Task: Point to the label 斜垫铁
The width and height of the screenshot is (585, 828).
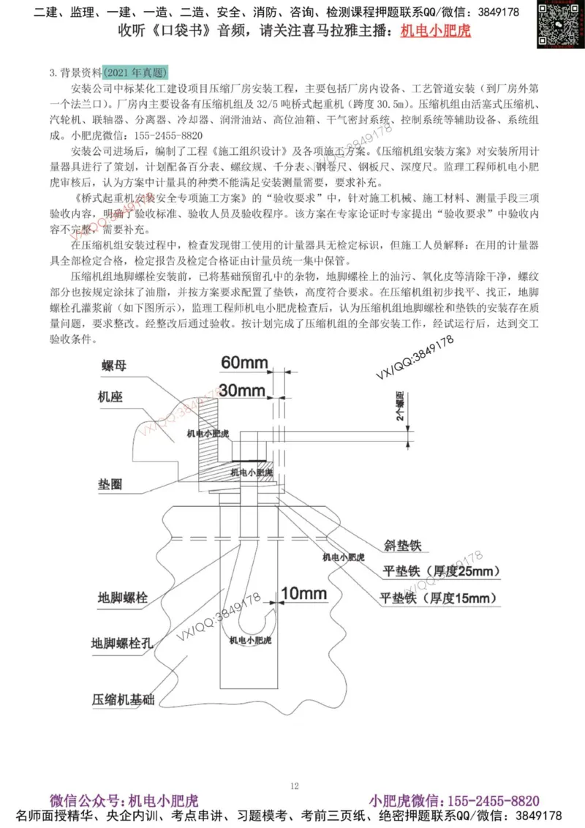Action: [402, 546]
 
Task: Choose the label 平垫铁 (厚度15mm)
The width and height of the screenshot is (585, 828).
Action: [439, 598]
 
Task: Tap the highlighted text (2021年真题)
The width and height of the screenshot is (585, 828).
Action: [136, 72]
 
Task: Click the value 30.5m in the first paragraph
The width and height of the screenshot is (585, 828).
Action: [391, 104]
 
